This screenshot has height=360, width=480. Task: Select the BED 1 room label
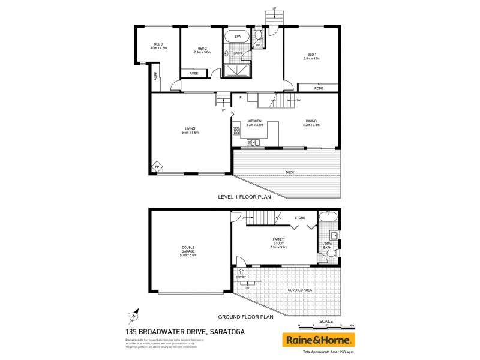pos(311,56)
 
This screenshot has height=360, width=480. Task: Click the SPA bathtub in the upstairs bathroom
pos(238,37)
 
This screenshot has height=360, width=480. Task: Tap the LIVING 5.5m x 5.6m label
pos(191,130)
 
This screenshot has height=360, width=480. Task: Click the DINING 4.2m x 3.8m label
pos(311,122)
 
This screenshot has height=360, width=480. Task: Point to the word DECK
pos(290,172)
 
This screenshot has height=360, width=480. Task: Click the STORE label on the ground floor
pos(300,217)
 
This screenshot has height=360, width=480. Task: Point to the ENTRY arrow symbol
pos(240,272)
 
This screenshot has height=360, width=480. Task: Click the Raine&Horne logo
pos(319,340)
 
